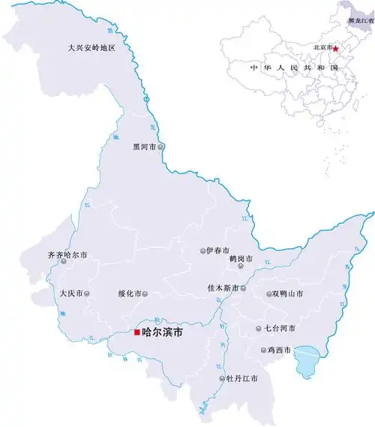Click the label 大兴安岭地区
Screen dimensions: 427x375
(91, 48)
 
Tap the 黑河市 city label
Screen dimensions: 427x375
(144, 147)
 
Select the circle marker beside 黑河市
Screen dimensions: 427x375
(161, 147)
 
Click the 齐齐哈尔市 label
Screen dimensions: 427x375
(67, 255)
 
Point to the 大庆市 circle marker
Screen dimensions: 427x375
(87, 293)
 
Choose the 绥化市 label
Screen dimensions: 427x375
(130, 293)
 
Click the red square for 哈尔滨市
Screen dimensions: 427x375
(136, 332)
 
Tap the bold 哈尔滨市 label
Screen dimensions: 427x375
(163, 332)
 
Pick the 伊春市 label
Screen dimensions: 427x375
(218, 251)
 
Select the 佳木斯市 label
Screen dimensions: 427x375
(223, 288)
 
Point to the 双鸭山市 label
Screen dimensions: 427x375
(289, 294)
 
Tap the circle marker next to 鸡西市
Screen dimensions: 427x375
(262, 350)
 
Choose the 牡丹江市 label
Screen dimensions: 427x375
(242, 378)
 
